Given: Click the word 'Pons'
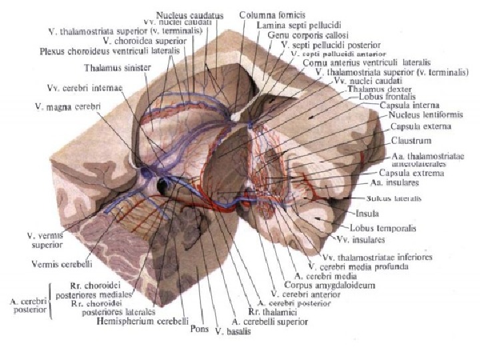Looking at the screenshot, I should pos(199,329).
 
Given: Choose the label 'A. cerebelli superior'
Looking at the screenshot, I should pos(270,321).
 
